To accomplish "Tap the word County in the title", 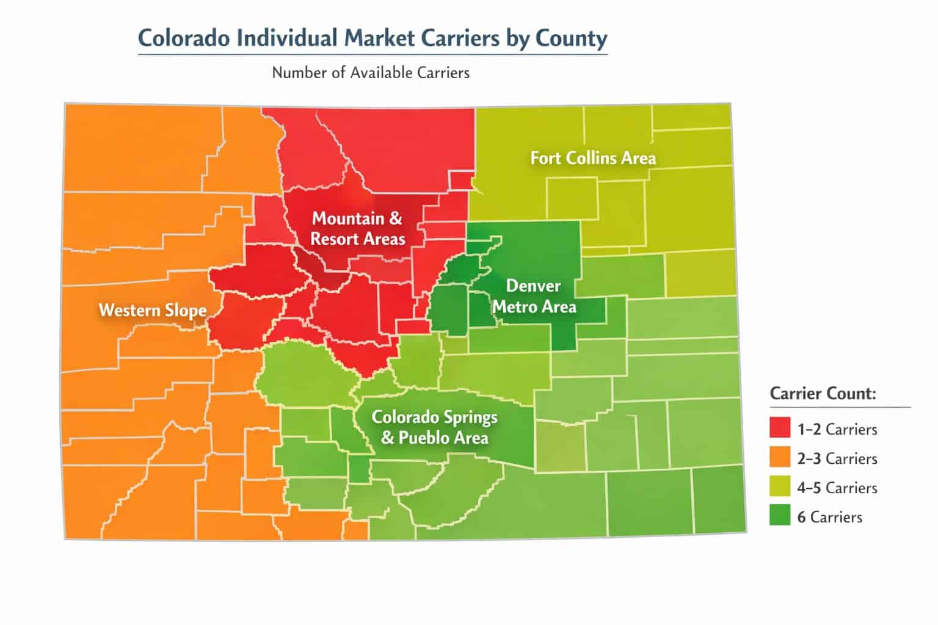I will click(572, 38).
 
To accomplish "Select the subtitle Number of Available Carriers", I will click(371, 73).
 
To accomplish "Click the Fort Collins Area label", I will click(593, 158).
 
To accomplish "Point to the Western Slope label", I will click(153, 310).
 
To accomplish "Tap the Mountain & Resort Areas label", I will click(358, 228).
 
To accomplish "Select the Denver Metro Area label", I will click(534, 296).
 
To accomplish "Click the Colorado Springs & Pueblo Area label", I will click(435, 427).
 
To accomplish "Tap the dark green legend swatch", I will click(780, 516).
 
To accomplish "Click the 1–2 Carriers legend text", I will click(837, 430).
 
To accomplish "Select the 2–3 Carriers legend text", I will click(837, 459).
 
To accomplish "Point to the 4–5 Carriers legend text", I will click(837, 488).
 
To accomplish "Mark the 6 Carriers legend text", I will click(830, 518).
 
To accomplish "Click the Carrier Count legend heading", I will click(823, 393).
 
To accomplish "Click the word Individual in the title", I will click(277, 38).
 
